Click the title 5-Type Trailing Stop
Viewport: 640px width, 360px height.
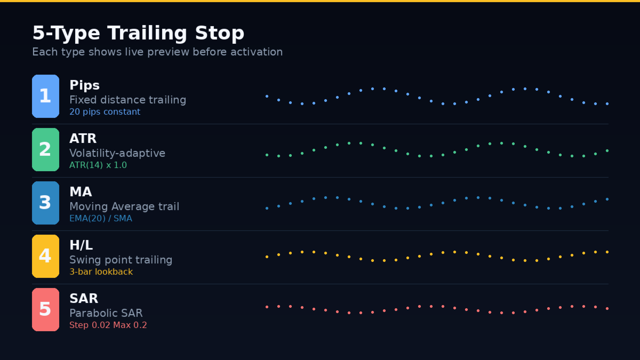[x=138, y=33]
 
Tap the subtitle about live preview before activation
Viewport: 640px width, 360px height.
[x=157, y=52]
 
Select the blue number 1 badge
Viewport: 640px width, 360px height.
[x=45, y=96]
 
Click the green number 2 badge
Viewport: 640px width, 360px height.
[x=45, y=149]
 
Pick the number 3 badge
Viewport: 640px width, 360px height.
[x=45, y=203]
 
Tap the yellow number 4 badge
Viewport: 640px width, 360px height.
[x=45, y=256]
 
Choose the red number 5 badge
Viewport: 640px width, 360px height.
[x=45, y=309]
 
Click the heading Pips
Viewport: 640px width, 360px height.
[x=84, y=85]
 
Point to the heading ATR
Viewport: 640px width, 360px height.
[x=83, y=139]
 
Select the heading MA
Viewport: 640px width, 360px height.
[x=81, y=192]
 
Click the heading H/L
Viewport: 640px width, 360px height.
[x=81, y=245]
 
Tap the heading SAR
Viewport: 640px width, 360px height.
[x=84, y=299]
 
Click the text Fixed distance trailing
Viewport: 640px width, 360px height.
[x=127, y=100]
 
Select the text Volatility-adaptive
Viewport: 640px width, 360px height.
[x=117, y=153]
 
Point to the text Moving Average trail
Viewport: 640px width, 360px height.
[x=124, y=206]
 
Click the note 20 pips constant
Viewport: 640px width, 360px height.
[x=105, y=112]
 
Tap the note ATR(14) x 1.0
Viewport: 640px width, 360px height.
[x=98, y=165]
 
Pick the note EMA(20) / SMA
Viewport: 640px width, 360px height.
[x=101, y=219]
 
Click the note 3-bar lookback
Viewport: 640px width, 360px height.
[x=101, y=272]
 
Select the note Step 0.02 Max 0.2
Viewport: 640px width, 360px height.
[x=108, y=325]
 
